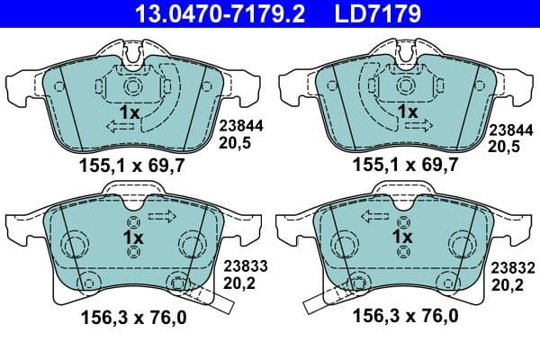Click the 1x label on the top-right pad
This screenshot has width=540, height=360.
(407, 112)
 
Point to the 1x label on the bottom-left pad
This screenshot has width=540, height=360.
(132, 237)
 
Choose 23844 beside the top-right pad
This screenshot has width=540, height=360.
(508, 127)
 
